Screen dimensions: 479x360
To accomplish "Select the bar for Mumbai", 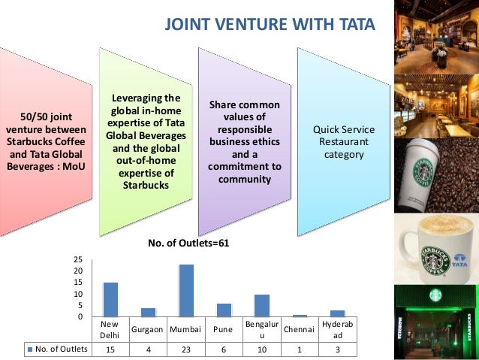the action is [x=186, y=290].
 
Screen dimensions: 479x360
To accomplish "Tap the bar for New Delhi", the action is [x=110, y=299].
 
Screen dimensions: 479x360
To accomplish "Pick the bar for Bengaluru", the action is [x=262, y=305].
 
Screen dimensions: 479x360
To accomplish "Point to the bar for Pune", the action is [x=224, y=310].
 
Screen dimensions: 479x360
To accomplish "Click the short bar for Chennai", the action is [x=300, y=316].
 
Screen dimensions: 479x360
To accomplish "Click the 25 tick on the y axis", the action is [x=78, y=259].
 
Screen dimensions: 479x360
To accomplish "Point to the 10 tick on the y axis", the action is [x=78, y=294].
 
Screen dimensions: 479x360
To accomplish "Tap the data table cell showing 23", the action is [x=185, y=349].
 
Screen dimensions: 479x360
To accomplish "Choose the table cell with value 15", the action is [x=110, y=349].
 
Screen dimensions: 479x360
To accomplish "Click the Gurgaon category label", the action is [x=148, y=330].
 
